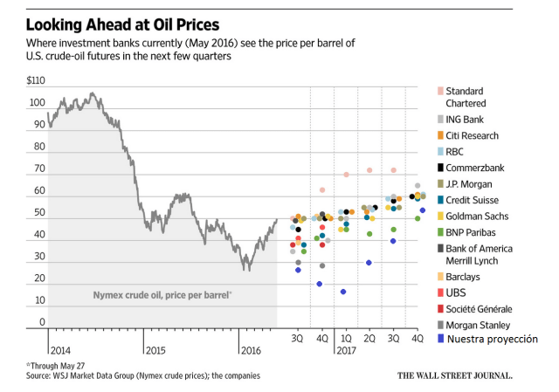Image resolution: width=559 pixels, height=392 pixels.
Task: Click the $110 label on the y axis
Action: [x=36, y=80]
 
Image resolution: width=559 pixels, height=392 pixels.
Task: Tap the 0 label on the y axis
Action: [x=40, y=322]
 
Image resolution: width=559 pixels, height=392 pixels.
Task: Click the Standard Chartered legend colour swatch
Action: [x=438, y=92]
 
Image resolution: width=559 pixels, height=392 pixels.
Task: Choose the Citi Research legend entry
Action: [x=472, y=135]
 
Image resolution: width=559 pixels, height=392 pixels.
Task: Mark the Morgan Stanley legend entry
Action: [x=481, y=324]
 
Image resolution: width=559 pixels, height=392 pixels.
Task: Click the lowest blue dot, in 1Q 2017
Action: [x=343, y=292]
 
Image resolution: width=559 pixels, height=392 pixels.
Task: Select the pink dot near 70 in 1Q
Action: [x=346, y=175]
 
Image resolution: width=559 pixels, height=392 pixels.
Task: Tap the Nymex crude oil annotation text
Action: [x=162, y=295]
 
